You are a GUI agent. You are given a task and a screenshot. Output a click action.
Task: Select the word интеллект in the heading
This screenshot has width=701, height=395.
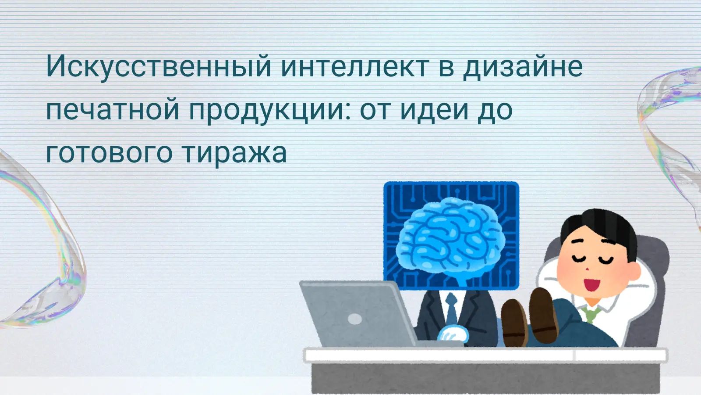coord(354,67)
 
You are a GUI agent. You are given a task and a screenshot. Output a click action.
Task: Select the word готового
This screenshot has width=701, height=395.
coord(109,153)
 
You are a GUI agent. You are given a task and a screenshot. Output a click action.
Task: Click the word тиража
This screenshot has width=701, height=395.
coord(234,153)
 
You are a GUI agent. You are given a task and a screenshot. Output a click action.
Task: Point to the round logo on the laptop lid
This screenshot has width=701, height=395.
coord(355,319)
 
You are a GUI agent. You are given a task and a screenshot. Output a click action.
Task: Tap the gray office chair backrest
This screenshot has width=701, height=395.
coord(653,281)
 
